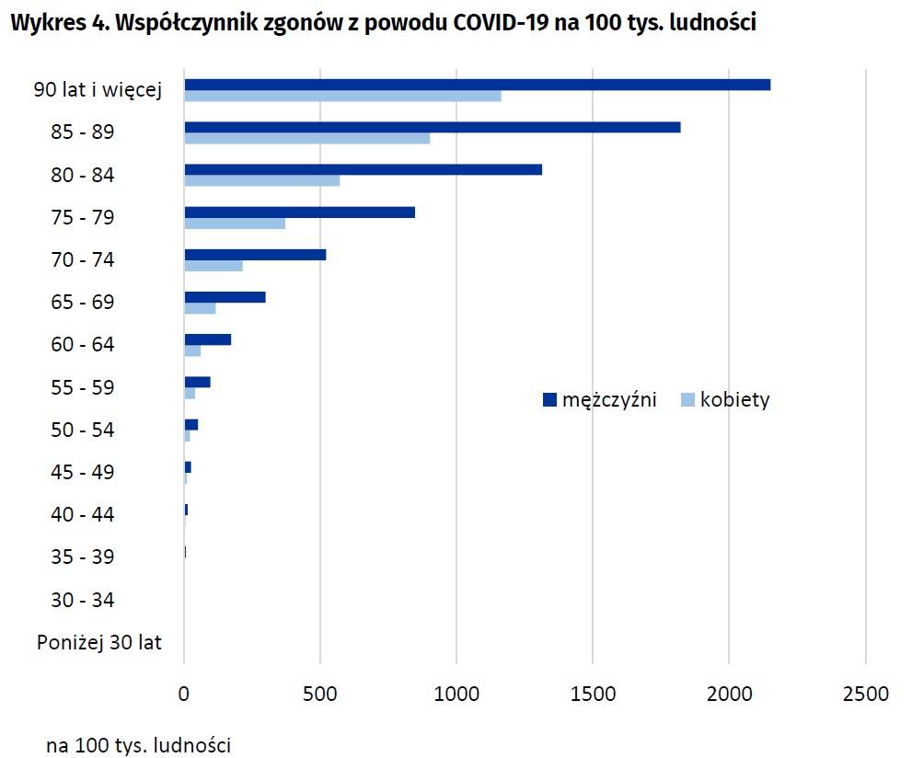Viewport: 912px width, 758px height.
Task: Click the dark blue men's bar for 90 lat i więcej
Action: click(477, 85)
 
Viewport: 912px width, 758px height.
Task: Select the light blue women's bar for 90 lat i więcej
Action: click(342, 96)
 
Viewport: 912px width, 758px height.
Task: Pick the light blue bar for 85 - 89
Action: click(306, 139)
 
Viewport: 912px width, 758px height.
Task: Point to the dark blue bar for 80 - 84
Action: click(363, 169)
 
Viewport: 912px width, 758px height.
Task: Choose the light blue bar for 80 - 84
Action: click(261, 180)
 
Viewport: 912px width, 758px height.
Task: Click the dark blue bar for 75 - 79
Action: click(299, 212)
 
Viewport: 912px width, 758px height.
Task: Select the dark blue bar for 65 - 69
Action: click(225, 297)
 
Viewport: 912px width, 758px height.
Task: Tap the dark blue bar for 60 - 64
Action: click(207, 339)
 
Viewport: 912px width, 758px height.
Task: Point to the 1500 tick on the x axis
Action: click(593, 693)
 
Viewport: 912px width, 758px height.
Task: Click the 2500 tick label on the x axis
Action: click(865, 693)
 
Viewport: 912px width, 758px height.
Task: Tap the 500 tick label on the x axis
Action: click(320, 693)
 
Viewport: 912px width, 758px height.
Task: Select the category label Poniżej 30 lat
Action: click(99, 643)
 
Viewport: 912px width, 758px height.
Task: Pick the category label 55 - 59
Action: click(83, 387)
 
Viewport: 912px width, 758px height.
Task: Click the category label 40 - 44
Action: click(83, 515)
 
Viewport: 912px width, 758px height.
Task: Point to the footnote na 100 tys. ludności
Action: click(139, 744)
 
